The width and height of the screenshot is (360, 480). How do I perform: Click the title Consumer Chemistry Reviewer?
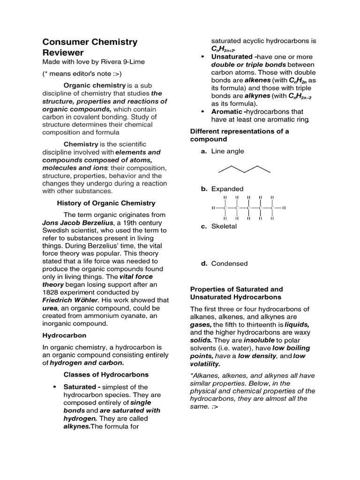(90, 47)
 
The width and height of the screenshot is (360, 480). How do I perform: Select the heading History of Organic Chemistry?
(106, 203)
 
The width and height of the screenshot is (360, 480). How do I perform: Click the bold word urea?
(50, 307)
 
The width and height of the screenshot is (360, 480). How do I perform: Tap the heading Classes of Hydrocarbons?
(106, 375)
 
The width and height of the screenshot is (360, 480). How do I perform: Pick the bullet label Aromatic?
(227, 112)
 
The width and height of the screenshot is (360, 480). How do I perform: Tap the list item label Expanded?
(227, 189)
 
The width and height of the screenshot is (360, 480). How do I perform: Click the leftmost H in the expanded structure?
(214, 208)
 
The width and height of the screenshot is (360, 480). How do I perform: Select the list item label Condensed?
(229, 263)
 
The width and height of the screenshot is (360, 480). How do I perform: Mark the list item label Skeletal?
(224, 226)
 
